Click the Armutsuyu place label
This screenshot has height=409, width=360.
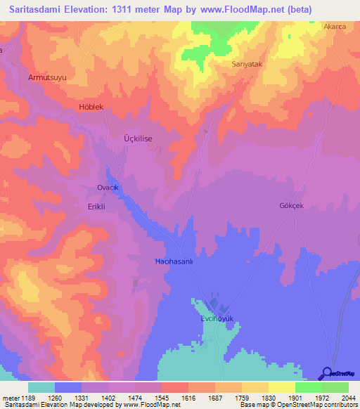click(46, 77)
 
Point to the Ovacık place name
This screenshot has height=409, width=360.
click(109, 188)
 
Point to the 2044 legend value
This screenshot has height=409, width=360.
click(347, 398)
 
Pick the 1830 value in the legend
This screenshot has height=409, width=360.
click(268, 398)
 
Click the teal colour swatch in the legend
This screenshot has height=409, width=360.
click(41, 387)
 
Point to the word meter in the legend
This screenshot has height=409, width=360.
click(12, 398)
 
